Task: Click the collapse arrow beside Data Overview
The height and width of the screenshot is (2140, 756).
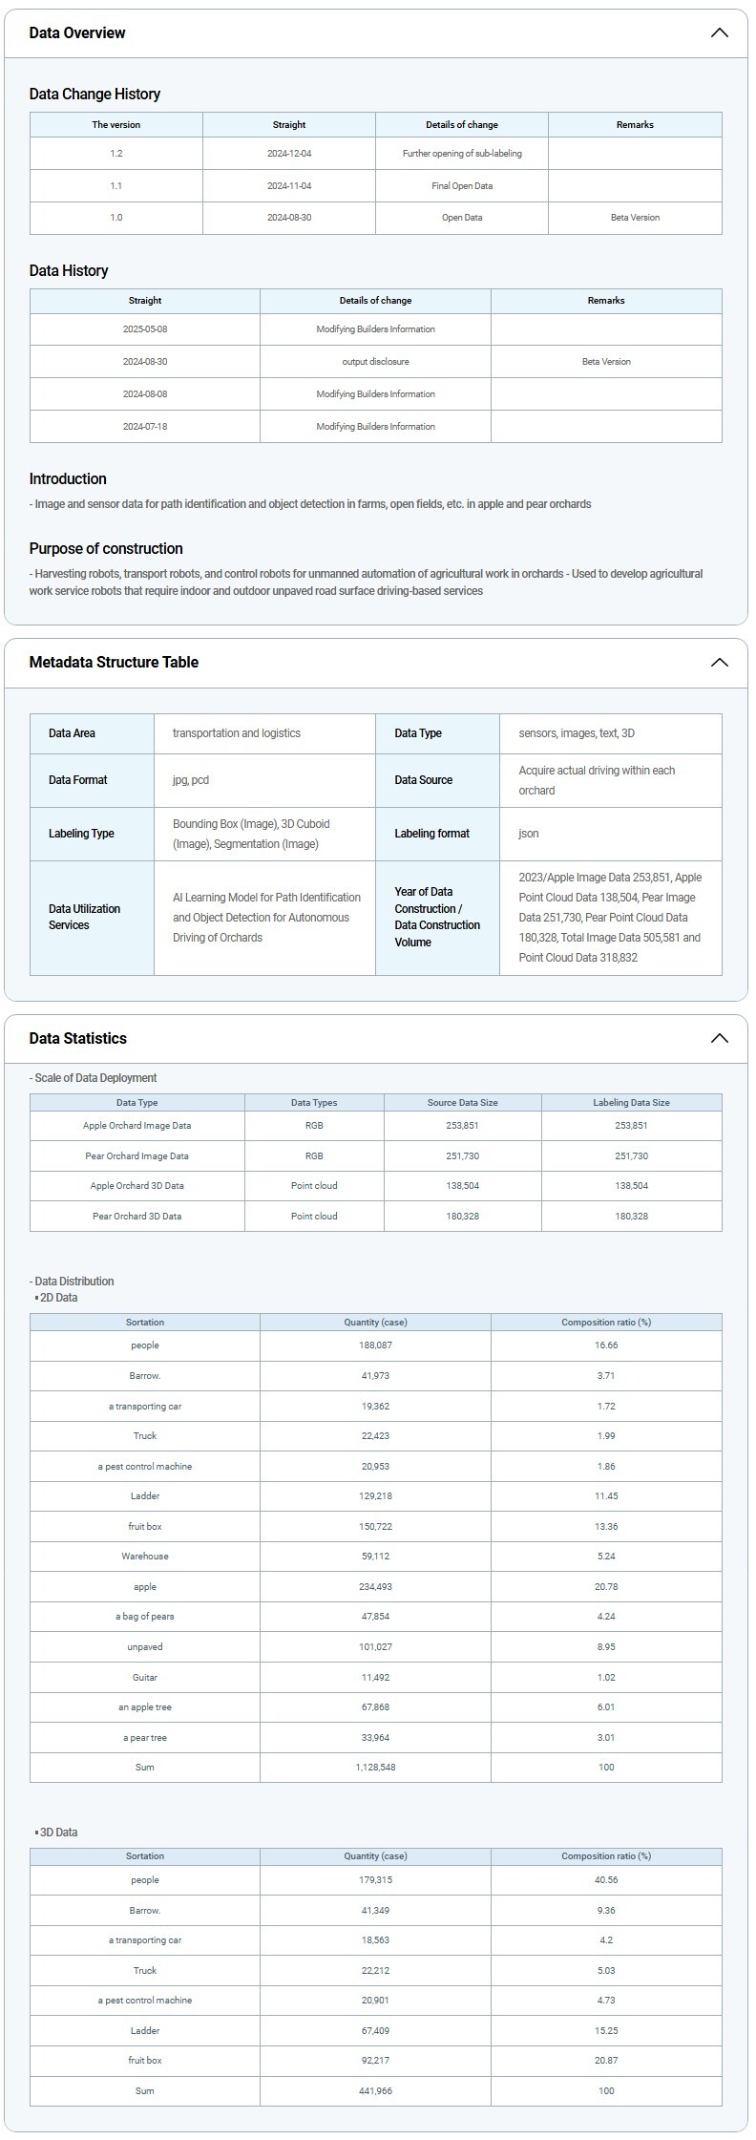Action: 720,32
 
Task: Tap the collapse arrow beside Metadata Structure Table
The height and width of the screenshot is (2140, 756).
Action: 720,662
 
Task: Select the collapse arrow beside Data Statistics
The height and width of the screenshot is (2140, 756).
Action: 720,1038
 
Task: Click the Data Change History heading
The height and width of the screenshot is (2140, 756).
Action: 94,94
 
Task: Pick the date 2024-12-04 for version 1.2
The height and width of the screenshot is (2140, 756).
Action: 289,153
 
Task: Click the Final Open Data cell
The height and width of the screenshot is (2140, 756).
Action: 462,185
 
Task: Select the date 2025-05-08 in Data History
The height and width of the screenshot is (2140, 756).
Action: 145,328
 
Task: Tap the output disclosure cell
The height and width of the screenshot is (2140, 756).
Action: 375,361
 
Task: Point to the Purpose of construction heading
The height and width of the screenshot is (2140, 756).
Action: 106,548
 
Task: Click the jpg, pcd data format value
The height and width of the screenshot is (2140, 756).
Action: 191,780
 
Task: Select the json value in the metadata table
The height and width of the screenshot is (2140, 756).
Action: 529,834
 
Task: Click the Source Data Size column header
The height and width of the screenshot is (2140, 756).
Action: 462,1102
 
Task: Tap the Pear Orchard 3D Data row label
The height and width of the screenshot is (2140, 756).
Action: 136,1216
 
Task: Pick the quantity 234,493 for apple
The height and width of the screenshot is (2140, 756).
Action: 375,1586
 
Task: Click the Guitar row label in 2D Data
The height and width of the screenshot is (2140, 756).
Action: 145,1677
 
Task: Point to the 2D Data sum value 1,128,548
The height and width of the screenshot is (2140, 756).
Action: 375,1767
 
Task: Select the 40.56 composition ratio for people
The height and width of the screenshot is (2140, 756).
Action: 606,1879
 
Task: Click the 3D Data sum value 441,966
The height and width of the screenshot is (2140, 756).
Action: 375,2090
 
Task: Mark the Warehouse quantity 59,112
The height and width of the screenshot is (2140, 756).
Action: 375,1556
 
